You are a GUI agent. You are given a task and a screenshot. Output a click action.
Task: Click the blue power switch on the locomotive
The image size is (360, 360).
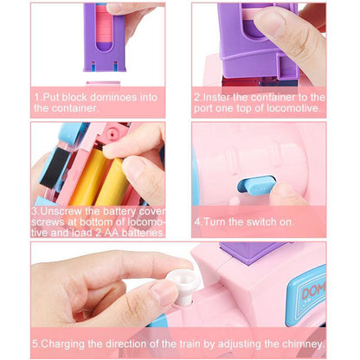256,183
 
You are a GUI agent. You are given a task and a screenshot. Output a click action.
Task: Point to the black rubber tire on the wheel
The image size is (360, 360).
55,167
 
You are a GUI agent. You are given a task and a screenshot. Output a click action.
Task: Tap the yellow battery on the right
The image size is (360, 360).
114,183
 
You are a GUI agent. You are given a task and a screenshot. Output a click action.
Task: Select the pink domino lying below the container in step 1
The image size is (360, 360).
103,83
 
